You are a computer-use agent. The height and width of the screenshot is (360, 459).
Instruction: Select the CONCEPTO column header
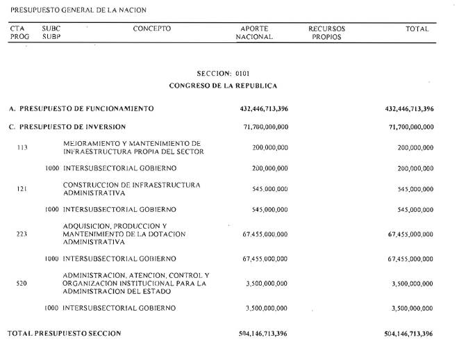[151, 29]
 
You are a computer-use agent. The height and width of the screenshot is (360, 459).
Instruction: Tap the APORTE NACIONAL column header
[254, 33]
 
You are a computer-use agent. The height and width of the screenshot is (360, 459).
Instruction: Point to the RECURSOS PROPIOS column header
[326, 33]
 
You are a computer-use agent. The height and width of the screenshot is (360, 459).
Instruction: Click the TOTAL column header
[417, 29]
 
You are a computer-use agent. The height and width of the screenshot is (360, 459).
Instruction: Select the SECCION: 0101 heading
[223, 73]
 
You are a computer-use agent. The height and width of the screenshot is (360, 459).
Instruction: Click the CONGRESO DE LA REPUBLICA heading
[223, 85]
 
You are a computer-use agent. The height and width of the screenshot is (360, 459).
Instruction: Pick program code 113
[22, 147]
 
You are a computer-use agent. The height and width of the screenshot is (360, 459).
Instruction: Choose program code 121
[22, 188]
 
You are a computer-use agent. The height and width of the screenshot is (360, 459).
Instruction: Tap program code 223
[22, 234]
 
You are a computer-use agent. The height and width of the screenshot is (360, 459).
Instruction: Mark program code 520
[22, 284]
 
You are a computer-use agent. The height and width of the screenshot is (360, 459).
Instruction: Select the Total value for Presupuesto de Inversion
[408, 127]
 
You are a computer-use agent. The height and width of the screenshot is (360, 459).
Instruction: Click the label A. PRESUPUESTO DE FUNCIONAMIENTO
[81, 109]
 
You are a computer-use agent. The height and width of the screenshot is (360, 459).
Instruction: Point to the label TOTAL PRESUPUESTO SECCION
[64, 334]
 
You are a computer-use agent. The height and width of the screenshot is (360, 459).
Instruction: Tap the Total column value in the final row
[408, 334]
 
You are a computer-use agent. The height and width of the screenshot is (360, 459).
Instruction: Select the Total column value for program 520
[412, 284]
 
